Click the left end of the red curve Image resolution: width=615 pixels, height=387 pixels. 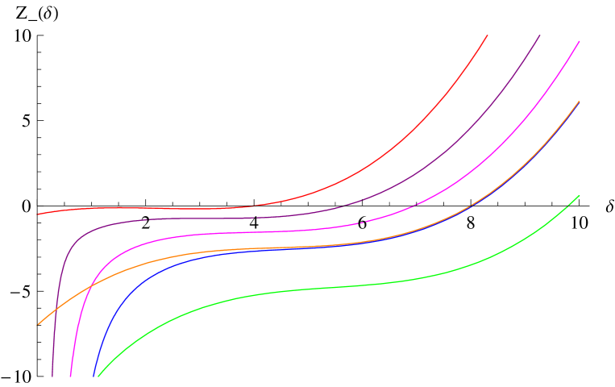tap(39, 214)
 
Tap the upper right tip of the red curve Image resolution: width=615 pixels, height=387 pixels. tap(488, 35)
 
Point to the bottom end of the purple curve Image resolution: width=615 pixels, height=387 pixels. tap(53, 376)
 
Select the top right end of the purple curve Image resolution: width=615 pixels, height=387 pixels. tap(539, 35)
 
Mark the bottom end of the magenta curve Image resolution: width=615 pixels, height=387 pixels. tap(71, 376)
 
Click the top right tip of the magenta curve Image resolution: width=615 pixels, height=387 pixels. tap(579, 41)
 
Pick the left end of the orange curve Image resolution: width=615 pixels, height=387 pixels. tap(39, 324)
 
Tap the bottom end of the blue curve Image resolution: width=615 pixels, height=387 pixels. tap(94, 376)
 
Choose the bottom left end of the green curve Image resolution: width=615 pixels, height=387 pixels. tap(98, 376)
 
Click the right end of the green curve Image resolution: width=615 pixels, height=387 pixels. tap(579, 196)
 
